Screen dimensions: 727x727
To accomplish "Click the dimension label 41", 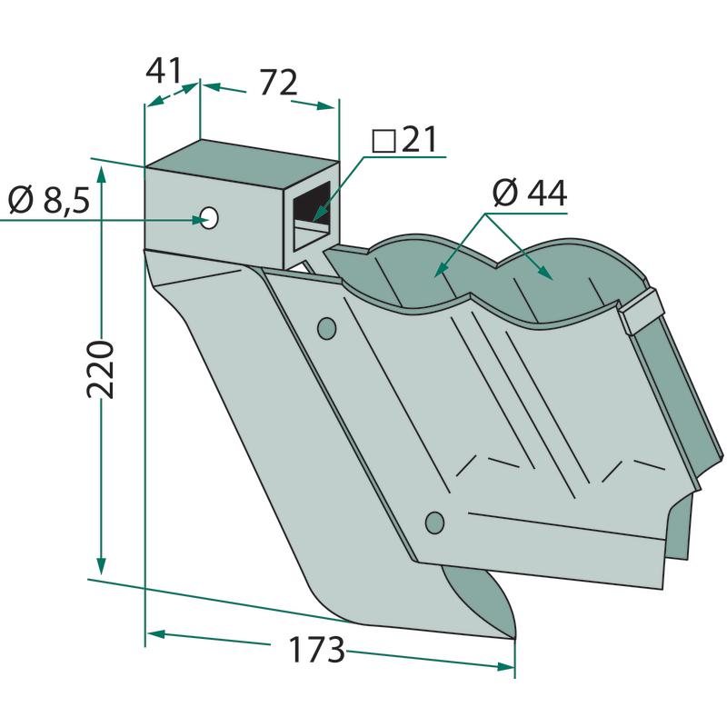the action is coord(164,72).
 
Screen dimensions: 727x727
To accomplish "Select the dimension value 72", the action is coord(278,83).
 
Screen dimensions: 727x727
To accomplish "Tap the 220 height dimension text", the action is coord(100,369).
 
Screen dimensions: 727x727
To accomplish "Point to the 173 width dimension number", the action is coord(316,650).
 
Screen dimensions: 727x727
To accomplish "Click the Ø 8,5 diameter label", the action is coord(49,200).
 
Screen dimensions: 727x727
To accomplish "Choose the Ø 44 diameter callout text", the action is coord(530,193).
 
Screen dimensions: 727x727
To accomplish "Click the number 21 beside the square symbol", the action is coord(419,139).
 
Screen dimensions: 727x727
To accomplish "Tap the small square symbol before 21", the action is coord(383,142).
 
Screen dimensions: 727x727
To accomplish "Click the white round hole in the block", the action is coord(210,217).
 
